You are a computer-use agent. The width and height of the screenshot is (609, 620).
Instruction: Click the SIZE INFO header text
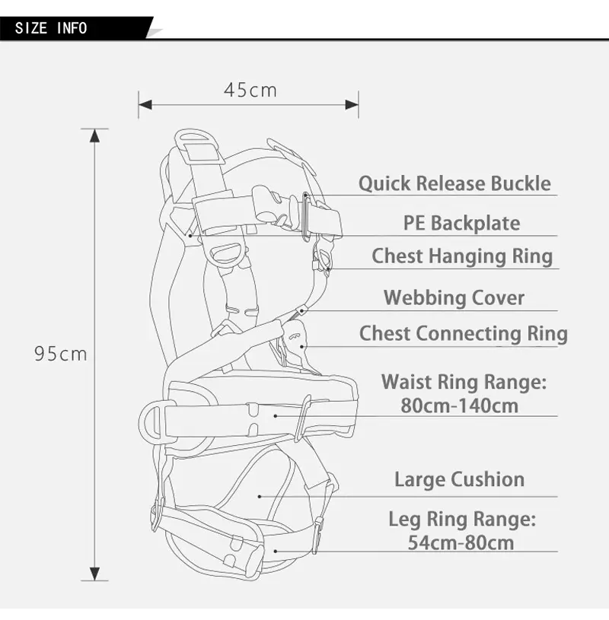pos(51,29)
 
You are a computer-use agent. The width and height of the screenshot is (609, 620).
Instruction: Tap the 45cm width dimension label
pos(250,90)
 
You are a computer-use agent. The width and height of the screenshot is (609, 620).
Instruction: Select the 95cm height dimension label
pos(61,354)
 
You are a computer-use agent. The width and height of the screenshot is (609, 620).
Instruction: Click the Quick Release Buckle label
pos(454,183)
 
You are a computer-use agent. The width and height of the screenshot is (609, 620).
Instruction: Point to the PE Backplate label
pos(461,223)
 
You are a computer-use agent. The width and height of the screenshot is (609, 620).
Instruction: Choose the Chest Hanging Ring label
pos(462,256)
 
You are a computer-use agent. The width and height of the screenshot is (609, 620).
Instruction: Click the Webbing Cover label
pos(454,297)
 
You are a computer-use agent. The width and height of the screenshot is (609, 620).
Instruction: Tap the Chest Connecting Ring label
pos(463,333)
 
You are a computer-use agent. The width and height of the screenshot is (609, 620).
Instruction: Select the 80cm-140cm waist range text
pos(460,405)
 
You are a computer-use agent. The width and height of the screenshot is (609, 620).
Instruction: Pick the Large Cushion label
pos(459,479)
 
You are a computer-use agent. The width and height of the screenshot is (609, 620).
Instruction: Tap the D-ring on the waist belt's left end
pos(151,420)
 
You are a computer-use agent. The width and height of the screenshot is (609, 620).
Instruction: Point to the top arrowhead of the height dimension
pos(94,136)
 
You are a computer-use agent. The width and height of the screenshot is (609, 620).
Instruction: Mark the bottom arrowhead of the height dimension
pos(94,574)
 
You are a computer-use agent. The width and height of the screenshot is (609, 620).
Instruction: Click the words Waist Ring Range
pos(464,382)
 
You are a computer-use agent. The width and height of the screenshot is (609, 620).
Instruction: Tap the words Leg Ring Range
pos(462,520)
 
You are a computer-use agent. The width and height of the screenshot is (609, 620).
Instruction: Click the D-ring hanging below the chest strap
pos(226,253)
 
